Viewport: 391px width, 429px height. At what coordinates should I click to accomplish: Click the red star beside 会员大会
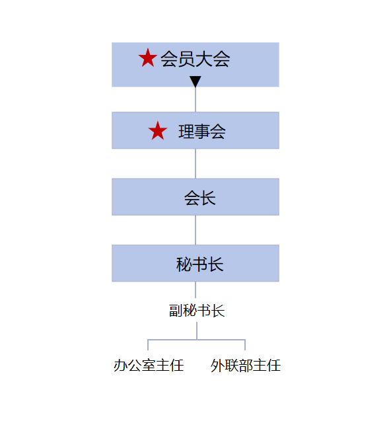148,58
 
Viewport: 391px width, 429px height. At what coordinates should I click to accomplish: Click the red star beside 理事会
157,131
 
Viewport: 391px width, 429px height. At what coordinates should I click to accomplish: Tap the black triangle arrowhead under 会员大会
196,81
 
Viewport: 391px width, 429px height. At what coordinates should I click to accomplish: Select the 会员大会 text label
195,59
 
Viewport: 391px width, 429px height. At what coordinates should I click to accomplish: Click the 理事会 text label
202,132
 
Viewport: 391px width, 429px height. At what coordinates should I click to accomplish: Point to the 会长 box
196,197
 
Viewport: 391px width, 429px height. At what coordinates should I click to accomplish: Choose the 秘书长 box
196,263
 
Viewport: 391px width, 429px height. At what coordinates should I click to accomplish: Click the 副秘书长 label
197,311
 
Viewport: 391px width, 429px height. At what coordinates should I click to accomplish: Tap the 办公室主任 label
149,366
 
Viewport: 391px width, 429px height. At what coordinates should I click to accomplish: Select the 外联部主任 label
246,366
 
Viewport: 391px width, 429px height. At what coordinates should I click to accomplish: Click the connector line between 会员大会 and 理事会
196,99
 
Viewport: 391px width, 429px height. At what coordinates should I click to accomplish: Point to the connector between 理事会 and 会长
196,164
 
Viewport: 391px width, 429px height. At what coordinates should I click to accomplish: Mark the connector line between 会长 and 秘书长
196,230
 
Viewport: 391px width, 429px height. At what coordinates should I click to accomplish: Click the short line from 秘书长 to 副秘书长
196,290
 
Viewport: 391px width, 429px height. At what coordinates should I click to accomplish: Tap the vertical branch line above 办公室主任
148,345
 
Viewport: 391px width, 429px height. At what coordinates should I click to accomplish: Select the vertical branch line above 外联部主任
245,345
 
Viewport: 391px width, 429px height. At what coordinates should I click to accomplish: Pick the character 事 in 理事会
202,132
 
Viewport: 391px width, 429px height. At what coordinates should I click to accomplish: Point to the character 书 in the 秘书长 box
199,264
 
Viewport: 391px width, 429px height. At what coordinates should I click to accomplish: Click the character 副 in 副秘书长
176,311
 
